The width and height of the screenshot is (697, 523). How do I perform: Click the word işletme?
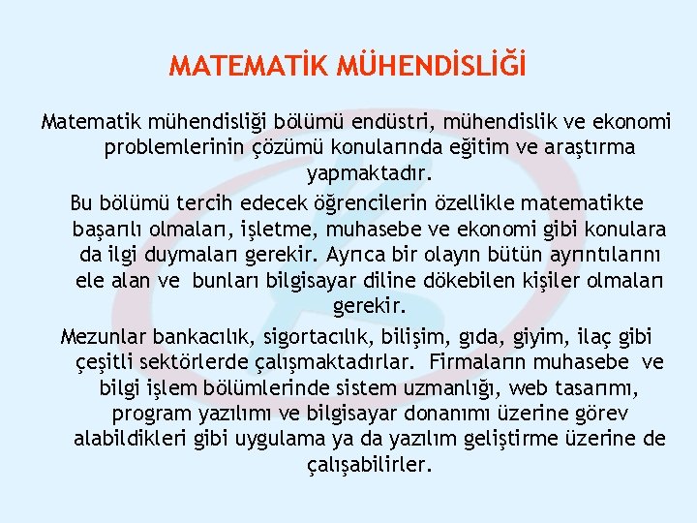click(279, 230)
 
